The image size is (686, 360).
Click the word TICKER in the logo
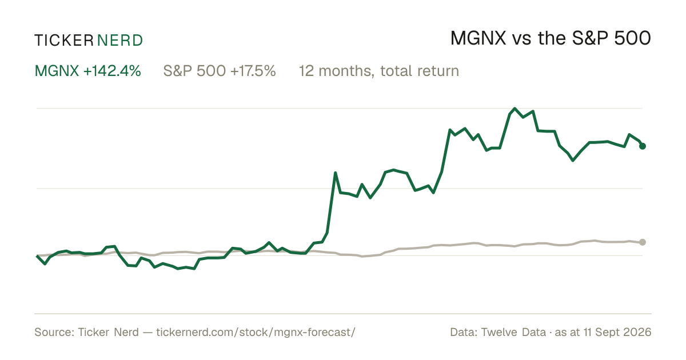[64, 41]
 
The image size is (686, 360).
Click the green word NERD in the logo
[120, 41]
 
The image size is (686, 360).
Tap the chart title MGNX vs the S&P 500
[551, 38]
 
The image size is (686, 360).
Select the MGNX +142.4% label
[88, 71]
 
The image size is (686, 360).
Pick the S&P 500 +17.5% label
[220, 71]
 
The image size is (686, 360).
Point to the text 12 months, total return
[379, 71]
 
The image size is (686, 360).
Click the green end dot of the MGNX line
[643, 146]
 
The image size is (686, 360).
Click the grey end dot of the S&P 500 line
[643, 242]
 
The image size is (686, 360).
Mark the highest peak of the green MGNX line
[514, 109]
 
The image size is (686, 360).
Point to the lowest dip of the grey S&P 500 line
[362, 256]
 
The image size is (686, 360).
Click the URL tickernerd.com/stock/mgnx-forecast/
[256, 332]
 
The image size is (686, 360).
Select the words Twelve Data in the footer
[513, 332]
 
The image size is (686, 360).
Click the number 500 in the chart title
[632, 38]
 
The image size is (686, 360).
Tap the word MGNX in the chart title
[478, 38]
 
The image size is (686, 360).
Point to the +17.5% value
[253, 71]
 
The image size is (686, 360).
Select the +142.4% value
[112, 71]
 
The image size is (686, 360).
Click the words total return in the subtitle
[420, 71]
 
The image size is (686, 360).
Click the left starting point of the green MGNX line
[37, 255]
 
